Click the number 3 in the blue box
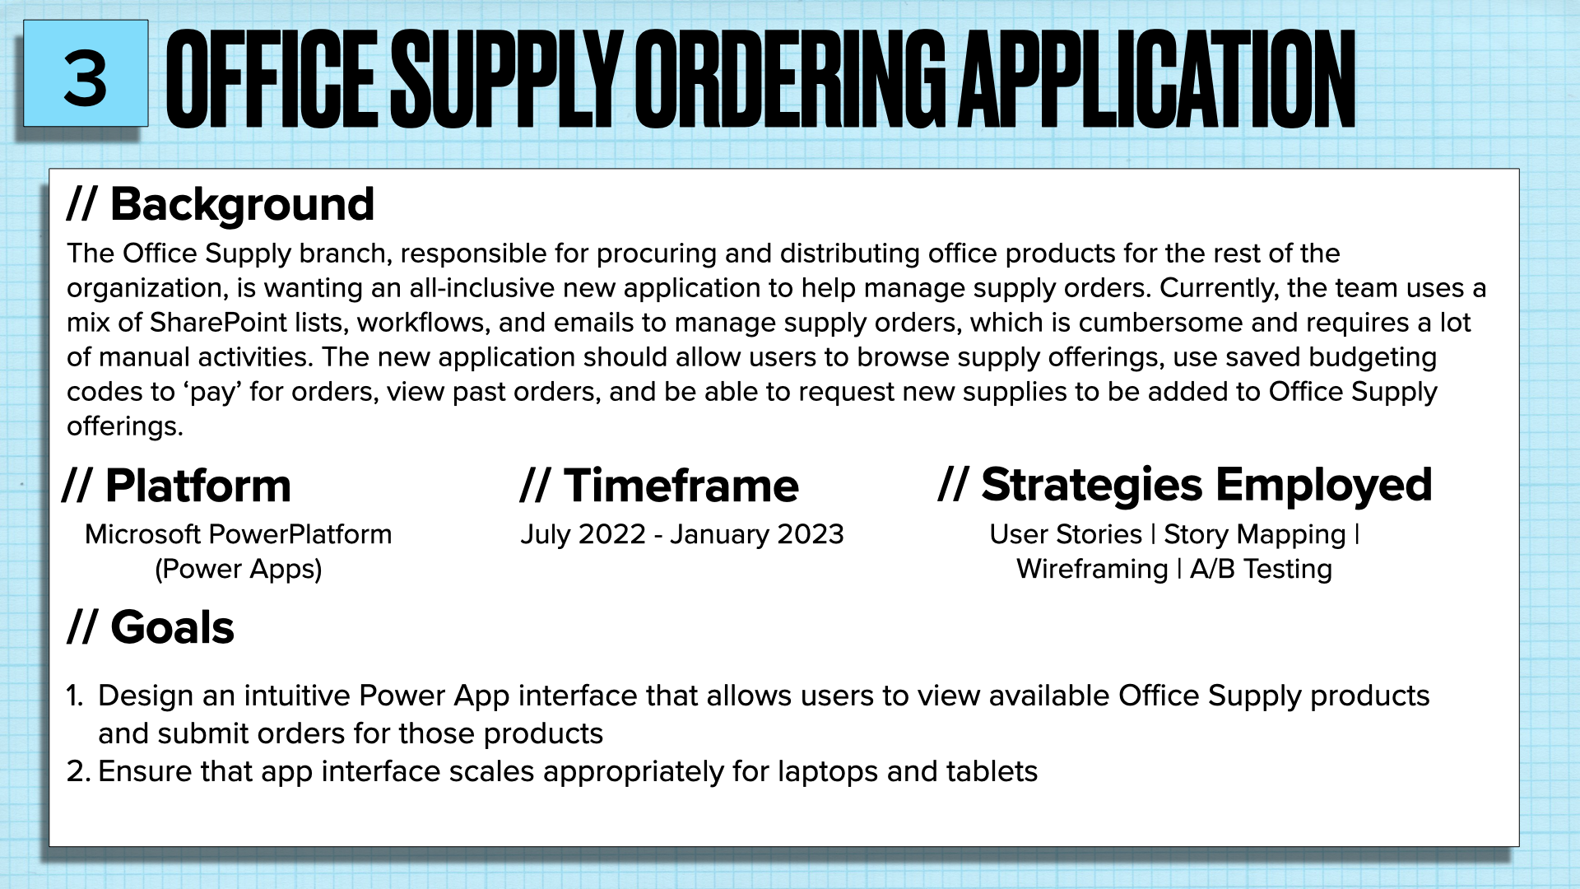(x=86, y=78)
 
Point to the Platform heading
(x=197, y=486)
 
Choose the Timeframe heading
(x=681, y=486)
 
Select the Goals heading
(x=172, y=627)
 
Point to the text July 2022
(x=583, y=534)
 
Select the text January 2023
(x=756, y=534)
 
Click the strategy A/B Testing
(x=1261, y=569)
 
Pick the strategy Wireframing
(x=1092, y=569)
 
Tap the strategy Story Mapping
(x=1254, y=534)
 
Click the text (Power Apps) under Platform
(x=239, y=569)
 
